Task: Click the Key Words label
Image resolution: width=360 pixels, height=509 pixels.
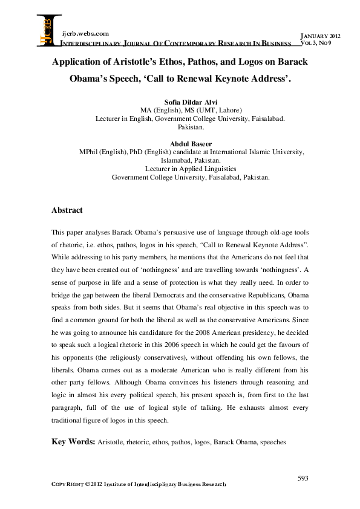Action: point(73,442)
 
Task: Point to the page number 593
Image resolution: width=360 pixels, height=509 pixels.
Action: point(303,478)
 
